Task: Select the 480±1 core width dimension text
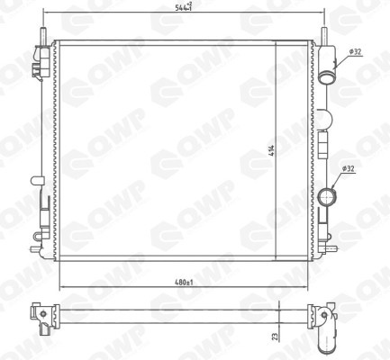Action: [184, 283]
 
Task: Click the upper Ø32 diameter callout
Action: [355, 52]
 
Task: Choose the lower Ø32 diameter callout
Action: [349, 168]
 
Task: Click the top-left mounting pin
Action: [43, 36]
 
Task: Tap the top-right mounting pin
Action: [324, 36]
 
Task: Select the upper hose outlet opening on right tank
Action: [325, 78]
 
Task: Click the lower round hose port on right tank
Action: [327, 196]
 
